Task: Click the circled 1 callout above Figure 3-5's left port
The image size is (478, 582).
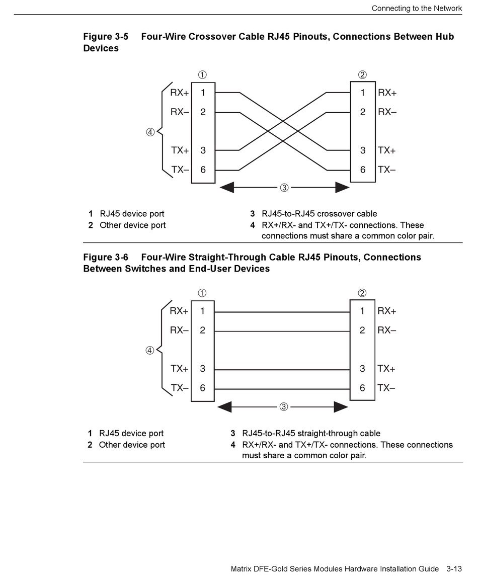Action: tap(202, 75)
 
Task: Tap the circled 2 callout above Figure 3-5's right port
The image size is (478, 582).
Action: tap(362, 75)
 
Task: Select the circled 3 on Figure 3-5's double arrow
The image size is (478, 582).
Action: tap(284, 188)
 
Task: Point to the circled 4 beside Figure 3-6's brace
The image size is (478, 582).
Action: tap(150, 351)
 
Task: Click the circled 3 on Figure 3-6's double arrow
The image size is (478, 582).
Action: tap(284, 406)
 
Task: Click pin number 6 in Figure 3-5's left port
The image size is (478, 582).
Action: tap(203, 170)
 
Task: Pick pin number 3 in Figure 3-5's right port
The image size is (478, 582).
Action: tap(363, 150)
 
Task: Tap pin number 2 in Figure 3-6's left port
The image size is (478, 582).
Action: tap(202, 330)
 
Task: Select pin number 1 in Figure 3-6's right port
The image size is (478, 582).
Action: tap(362, 311)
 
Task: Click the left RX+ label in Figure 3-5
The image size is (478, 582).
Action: tap(180, 93)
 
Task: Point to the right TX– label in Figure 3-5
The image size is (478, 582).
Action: tap(386, 170)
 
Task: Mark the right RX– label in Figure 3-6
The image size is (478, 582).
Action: tap(386, 330)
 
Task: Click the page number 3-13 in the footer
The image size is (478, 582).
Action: tap(453, 569)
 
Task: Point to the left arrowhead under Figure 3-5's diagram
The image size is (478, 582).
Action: tap(227, 188)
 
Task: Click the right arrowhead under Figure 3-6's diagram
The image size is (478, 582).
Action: tap(341, 406)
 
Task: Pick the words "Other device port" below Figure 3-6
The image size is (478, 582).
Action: tap(132, 445)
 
